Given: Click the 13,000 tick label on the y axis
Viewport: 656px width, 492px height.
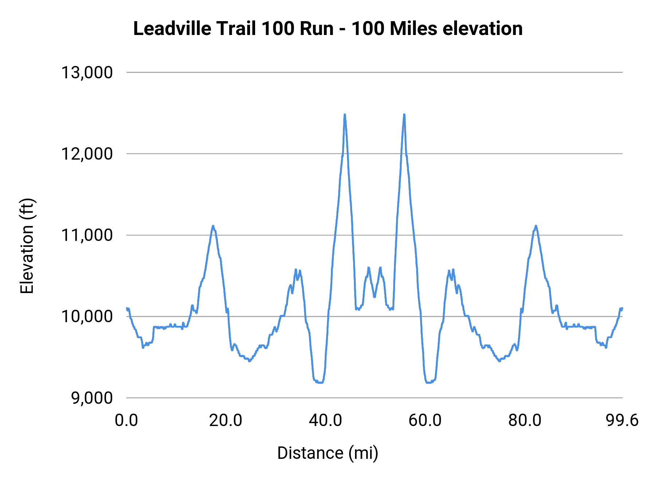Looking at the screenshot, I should pyautogui.click(x=87, y=73).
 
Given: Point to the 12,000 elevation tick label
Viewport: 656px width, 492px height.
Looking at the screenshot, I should pyautogui.click(x=87, y=154).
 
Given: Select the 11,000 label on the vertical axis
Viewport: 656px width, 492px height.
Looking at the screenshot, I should pyautogui.click(x=87, y=235).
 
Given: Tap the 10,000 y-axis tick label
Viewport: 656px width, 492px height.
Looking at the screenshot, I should pyautogui.click(x=87, y=316).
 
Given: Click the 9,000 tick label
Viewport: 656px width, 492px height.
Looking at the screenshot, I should pyautogui.click(x=92, y=398).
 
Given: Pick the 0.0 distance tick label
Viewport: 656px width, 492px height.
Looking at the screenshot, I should pyautogui.click(x=126, y=421).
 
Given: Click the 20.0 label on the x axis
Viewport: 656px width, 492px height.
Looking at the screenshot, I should pyautogui.click(x=226, y=421).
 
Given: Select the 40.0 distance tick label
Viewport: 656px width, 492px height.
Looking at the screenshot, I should pyautogui.click(x=325, y=421).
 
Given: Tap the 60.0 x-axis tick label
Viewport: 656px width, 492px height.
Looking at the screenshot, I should pyautogui.click(x=425, y=421).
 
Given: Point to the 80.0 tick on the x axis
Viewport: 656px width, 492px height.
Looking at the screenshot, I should pyautogui.click(x=525, y=421).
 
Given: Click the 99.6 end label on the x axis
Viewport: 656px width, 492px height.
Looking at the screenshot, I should pyautogui.click(x=622, y=421).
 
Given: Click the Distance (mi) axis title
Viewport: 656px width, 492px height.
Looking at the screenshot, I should pyautogui.click(x=328, y=453).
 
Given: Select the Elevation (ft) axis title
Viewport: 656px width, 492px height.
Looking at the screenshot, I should pyautogui.click(x=27, y=246).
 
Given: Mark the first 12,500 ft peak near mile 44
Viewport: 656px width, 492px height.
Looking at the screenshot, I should pyautogui.click(x=344, y=115).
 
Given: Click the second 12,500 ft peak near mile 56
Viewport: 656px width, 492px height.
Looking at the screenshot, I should pyautogui.click(x=404, y=115).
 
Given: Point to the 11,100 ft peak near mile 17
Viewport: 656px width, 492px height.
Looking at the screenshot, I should pyautogui.click(x=213, y=226).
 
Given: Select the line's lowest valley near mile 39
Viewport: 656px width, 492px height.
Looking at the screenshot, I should pyautogui.click(x=320, y=382).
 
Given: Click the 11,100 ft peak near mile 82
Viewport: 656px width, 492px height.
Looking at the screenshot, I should pyautogui.click(x=536, y=226).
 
